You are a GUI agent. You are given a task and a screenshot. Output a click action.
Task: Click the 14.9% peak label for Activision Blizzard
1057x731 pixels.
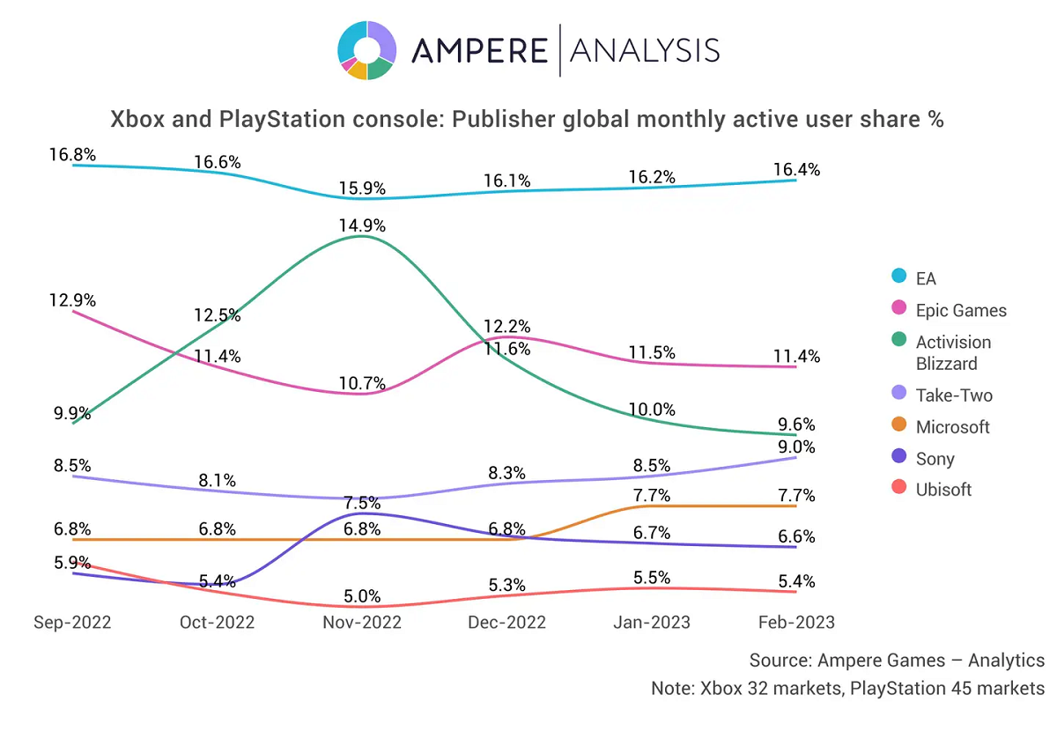(x=362, y=225)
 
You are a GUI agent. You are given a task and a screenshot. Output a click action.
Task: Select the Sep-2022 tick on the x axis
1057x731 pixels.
(x=72, y=622)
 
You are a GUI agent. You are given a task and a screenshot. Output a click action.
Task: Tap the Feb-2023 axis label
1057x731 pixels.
(x=795, y=622)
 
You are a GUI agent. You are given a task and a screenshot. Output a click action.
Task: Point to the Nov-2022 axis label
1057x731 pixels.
(x=362, y=622)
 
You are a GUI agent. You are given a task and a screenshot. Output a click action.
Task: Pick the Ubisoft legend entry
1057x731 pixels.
(x=943, y=490)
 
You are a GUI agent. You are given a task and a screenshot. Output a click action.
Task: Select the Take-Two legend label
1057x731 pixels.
(x=954, y=395)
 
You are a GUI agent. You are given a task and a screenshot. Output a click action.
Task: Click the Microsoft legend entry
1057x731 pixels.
(x=952, y=427)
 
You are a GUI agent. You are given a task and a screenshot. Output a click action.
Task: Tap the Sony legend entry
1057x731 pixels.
(x=935, y=459)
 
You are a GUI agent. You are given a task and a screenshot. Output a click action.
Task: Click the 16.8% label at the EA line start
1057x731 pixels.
(x=72, y=155)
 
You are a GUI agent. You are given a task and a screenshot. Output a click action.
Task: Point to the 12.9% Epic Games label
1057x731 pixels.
(x=72, y=300)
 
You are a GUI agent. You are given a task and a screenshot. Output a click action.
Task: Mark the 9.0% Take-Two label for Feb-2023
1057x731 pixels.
(x=796, y=447)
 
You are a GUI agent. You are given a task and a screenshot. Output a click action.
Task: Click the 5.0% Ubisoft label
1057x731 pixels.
(x=362, y=597)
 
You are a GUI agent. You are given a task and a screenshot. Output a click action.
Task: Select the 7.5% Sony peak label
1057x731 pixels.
(x=362, y=503)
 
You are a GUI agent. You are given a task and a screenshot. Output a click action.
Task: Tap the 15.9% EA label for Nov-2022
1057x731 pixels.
(x=362, y=188)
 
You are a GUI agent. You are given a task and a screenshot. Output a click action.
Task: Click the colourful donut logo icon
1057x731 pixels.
(x=366, y=51)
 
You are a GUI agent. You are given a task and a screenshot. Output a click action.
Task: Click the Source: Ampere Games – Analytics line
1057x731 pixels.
(x=897, y=660)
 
